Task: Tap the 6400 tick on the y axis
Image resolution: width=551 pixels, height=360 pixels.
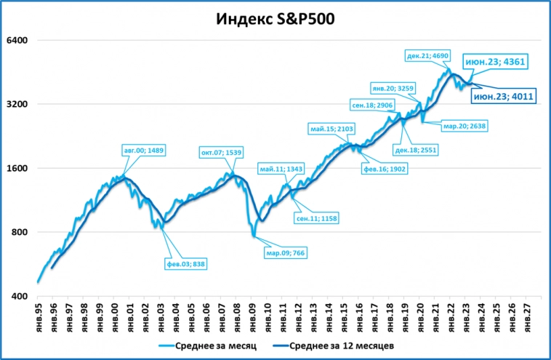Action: click(17, 40)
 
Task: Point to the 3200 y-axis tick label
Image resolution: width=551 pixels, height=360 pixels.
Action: click(17, 104)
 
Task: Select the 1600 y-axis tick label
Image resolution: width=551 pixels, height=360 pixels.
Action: click(17, 168)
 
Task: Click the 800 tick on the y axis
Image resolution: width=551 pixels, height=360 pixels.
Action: click(19, 232)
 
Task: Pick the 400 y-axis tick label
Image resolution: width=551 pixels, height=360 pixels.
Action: click(19, 297)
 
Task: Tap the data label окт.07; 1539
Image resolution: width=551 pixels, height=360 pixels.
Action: click(221, 153)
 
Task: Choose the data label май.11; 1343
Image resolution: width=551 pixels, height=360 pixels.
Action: click(281, 169)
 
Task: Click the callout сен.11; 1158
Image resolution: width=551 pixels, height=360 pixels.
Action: click(316, 217)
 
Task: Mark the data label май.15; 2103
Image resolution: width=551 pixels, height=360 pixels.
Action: click(331, 129)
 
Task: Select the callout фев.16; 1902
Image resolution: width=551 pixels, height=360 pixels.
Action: click(385, 169)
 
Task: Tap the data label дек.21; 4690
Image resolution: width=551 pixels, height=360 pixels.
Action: click(429, 55)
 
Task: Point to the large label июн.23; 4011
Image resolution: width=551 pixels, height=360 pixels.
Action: click(504, 96)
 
